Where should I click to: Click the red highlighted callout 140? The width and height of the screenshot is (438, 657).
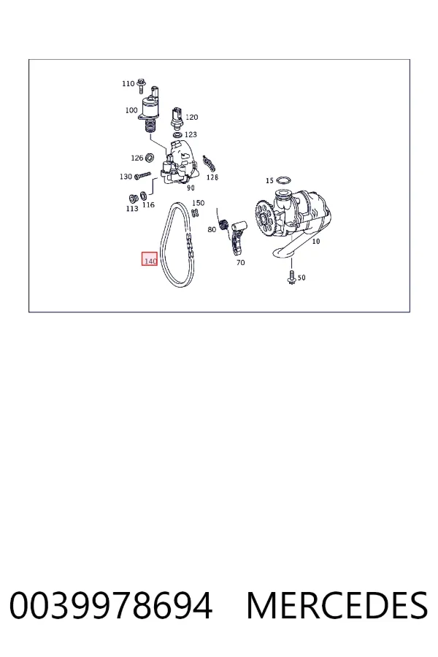150,259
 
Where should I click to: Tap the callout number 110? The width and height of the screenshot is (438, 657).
128,83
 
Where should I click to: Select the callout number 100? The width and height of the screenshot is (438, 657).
131,110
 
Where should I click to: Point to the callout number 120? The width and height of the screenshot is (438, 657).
191,117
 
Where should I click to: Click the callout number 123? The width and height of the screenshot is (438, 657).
191,134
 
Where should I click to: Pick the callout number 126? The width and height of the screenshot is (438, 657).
137,158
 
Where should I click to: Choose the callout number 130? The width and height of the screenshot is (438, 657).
126,177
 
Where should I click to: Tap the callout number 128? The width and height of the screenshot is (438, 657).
212,177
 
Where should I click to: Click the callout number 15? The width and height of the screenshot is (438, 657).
269,180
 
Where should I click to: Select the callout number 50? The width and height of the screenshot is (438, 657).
301,277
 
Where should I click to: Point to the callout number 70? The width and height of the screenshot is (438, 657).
241,263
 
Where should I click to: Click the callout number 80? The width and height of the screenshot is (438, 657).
212,230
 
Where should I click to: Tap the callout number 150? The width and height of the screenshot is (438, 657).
199,203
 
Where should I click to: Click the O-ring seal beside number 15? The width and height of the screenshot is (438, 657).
284,180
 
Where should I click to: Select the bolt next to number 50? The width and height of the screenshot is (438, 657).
291,276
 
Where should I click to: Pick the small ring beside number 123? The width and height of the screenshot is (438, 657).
177,135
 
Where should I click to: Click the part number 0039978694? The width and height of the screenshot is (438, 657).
111,605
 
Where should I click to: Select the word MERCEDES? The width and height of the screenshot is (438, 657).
337,605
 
